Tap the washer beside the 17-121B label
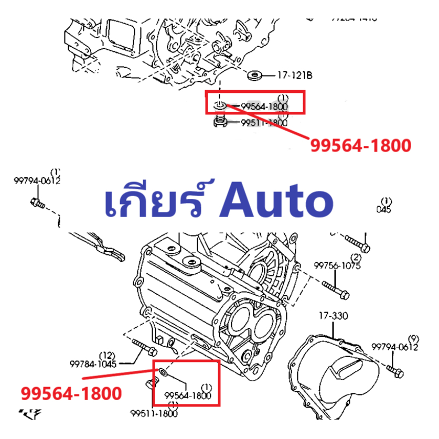pos(256,75)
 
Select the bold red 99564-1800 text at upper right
pos(360,145)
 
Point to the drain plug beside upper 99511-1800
pos(221,123)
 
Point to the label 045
pos(384,209)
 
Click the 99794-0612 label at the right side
pos(394,347)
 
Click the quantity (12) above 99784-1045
pos(107,355)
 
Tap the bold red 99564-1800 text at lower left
pos(71,393)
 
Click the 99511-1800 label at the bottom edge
pos(154,414)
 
